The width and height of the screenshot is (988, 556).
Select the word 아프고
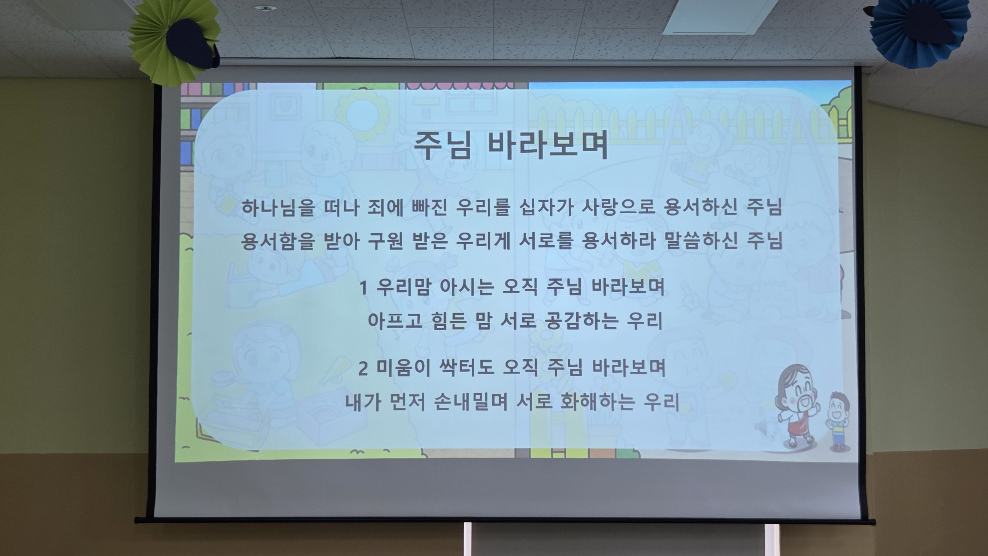click(395, 320)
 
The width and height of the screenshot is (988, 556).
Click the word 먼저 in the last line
click(408, 402)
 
